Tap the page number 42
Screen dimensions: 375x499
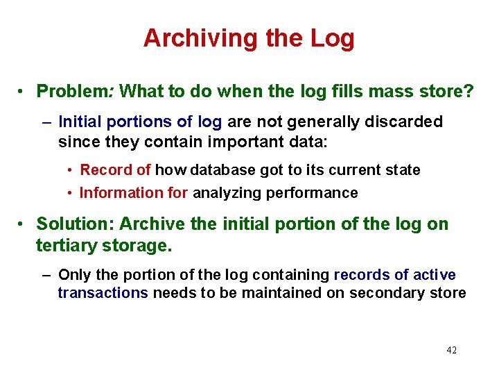tap(451, 350)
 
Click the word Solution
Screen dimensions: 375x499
tap(74, 224)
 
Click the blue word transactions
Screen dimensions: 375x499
tap(103, 293)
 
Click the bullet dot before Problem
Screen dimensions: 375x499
tap(23, 92)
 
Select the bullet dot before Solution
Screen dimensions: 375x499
tap(23, 225)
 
